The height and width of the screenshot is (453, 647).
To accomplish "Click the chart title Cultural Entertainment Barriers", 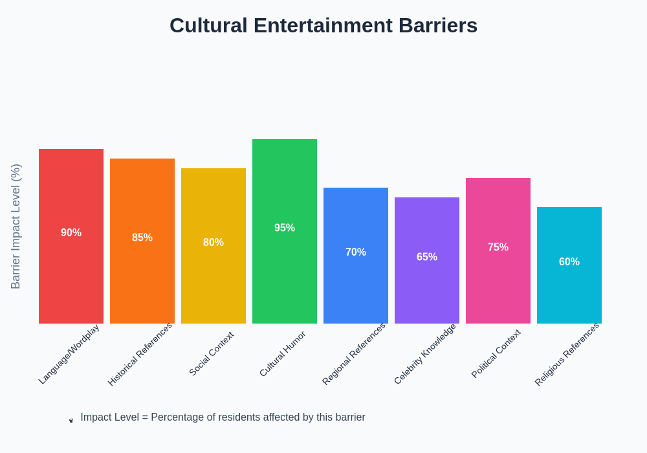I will tap(323, 25).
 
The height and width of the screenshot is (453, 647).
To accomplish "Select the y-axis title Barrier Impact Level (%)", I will tap(16, 226).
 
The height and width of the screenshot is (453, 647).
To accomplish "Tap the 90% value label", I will tap(71, 233).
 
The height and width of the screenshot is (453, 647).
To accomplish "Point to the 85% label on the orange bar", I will tap(142, 238).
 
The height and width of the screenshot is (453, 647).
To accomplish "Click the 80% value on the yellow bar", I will tap(214, 243).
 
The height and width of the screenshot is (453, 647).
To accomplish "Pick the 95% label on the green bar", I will tap(285, 228).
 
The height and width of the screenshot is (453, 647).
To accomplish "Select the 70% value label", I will tap(356, 252).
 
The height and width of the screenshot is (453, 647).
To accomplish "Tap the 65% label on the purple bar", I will tap(427, 257).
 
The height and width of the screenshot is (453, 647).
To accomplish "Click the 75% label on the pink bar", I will tap(498, 247).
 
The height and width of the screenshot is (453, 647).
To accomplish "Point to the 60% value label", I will tap(569, 262).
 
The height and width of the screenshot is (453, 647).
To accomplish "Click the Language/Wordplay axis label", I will tap(69, 354).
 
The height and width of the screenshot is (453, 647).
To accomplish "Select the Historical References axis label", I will tap(140, 354).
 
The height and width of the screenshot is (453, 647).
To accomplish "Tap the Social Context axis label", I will tap(211, 353).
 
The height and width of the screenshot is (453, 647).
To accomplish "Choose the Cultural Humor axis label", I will tap(282, 353).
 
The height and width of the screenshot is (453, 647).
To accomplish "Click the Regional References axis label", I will tap(354, 354).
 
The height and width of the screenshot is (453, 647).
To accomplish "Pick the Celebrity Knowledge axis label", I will tap(425, 354).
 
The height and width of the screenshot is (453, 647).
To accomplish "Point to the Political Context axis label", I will tap(496, 353).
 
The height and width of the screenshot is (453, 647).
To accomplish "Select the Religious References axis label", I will tap(567, 354).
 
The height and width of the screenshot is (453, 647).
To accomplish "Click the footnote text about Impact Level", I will tap(223, 417).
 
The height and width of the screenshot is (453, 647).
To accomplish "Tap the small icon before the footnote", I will tap(71, 421).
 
